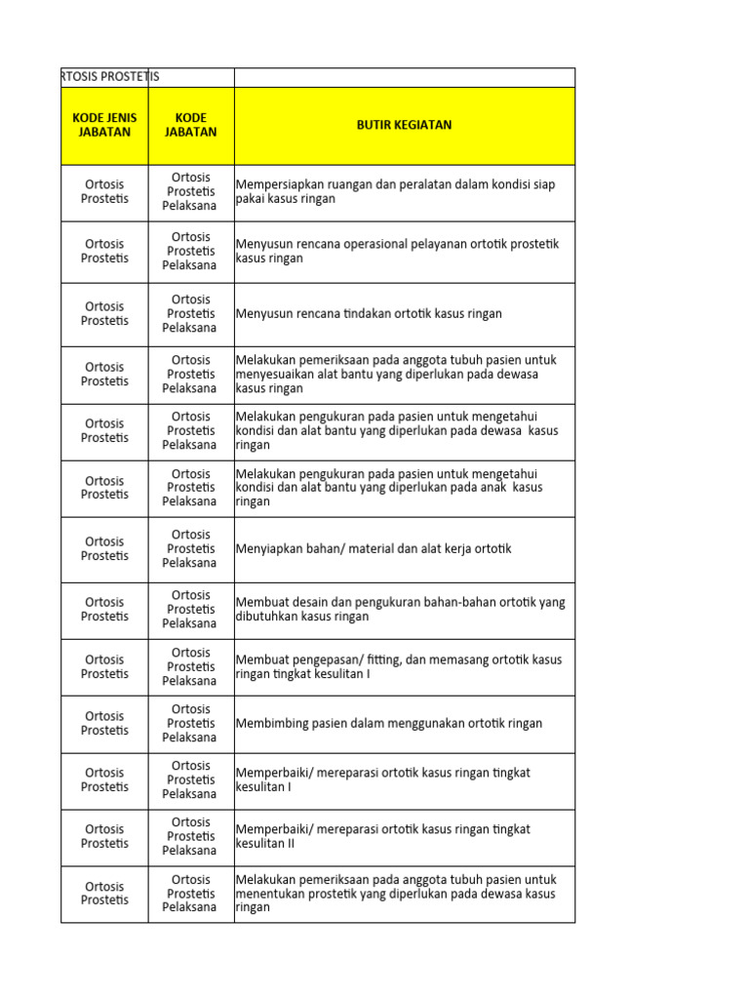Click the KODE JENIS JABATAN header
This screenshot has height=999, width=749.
[104, 125]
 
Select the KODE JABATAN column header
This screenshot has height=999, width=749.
[191, 125]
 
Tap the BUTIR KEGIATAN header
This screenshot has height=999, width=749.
[404, 125]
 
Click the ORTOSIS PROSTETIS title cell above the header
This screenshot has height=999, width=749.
[109, 76]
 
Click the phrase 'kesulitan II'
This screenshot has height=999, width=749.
[265, 843]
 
